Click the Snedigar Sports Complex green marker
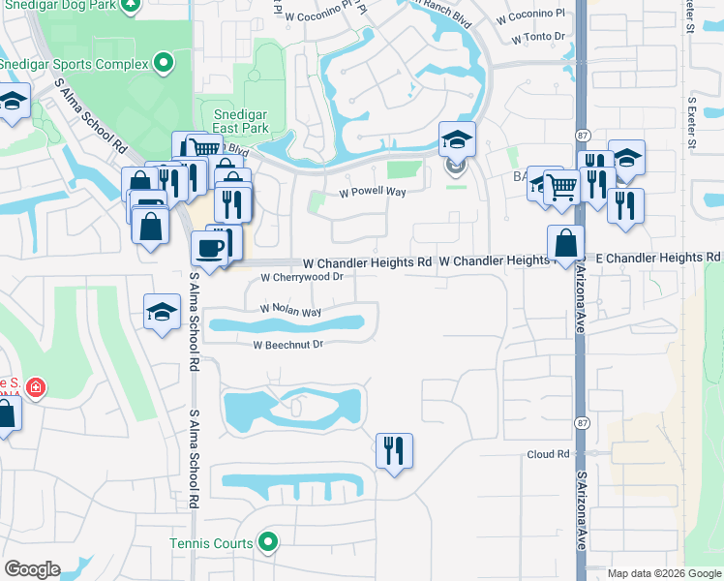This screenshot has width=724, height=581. click(x=164, y=64)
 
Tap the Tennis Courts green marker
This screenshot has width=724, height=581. click(x=269, y=543)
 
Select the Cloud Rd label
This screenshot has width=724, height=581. click(x=548, y=454)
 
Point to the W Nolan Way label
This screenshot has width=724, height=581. click(x=290, y=312)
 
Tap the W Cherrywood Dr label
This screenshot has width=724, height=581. click(x=302, y=277)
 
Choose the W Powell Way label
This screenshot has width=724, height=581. click(x=372, y=192)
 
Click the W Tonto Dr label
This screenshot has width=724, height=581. click(x=538, y=37)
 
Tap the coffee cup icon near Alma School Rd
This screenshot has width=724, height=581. click(x=209, y=249)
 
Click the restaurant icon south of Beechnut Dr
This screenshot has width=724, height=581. click(x=394, y=449)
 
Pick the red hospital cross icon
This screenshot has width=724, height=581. click(x=36, y=388)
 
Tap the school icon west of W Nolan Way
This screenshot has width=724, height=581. click(x=163, y=312)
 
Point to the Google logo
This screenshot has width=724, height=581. click(x=32, y=569)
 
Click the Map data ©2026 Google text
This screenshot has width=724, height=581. click(x=663, y=573)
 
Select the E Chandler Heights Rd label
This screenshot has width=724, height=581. click(x=658, y=257)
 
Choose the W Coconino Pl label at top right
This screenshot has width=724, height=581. click(x=530, y=15)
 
